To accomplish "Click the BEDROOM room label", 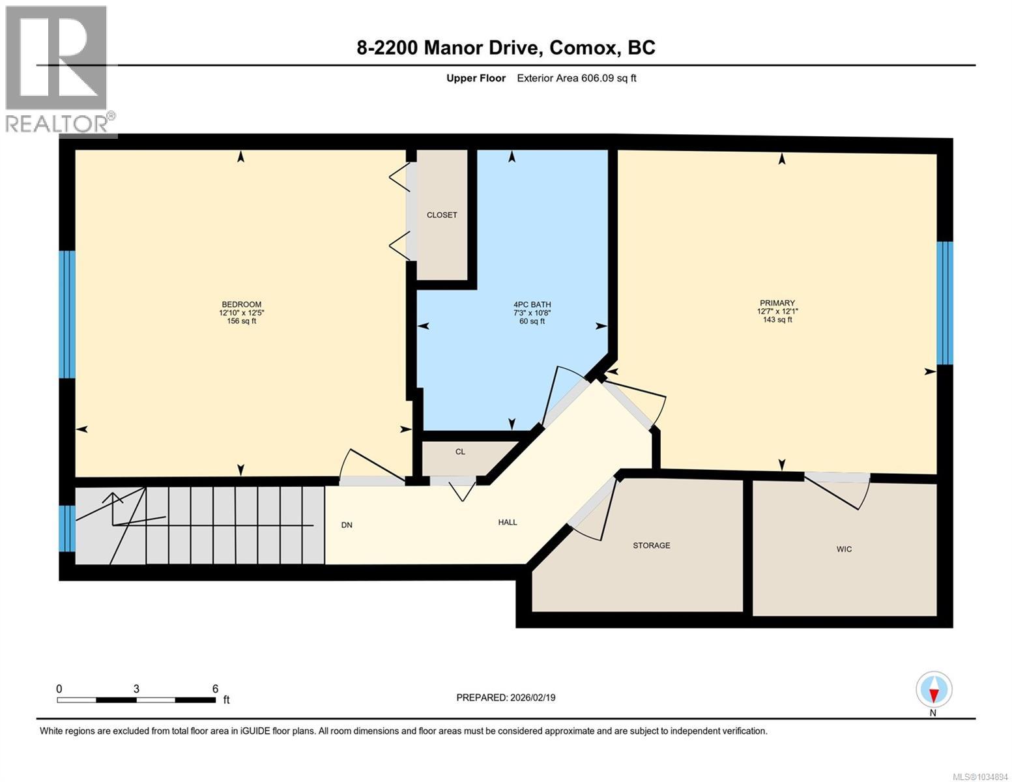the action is click(x=241, y=304).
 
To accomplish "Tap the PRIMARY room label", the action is click(x=777, y=303).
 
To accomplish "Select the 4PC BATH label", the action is click(x=532, y=304).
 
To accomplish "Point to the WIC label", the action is click(x=844, y=549).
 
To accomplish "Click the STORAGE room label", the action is click(x=652, y=545).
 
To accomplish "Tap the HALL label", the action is click(x=508, y=522).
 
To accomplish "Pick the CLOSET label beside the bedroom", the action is click(x=442, y=214).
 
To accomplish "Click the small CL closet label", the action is click(x=460, y=452).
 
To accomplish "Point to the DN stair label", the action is click(x=347, y=525).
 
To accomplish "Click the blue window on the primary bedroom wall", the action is click(x=945, y=303).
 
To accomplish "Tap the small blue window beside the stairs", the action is click(x=67, y=528).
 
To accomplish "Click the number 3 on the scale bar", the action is click(x=136, y=688).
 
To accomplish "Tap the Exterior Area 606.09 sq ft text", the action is click(x=577, y=78).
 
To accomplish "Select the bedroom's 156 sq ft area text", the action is click(x=241, y=321).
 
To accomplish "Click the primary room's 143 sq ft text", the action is click(x=777, y=319).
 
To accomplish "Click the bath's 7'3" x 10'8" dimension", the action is click(x=532, y=313).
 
